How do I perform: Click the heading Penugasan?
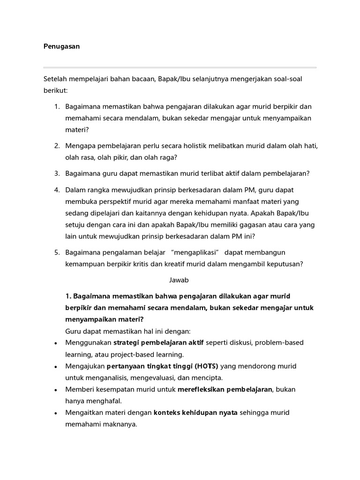click(x=61, y=46)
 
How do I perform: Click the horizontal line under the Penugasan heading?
click(x=180, y=67)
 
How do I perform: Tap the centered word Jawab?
click(x=179, y=280)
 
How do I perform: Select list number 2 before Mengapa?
click(x=56, y=146)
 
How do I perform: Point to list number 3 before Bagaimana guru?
click(x=56, y=173)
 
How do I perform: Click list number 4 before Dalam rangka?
click(x=56, y=189)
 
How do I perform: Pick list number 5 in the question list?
click(x=56, y=252)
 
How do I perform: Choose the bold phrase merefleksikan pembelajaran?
click(x=225, y=389)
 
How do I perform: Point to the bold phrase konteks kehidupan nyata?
click(x=196, y=412)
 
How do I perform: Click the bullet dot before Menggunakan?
click(x=56, y=343)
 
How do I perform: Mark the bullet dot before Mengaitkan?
click(x=56, y=413)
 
